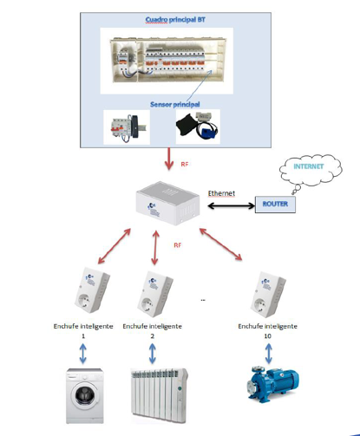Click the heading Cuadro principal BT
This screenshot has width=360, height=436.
click(x=175, y=20)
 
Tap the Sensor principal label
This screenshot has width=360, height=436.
click(x=175, y=104)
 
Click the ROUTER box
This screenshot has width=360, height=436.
click(x=275, y=205)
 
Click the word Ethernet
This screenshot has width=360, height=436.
click(x=221, y=193)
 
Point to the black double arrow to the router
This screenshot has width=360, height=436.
click(x=231, y=205)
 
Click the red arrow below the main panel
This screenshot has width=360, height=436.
click(x=169, y=159)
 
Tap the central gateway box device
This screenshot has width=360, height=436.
click(x=167, y=204)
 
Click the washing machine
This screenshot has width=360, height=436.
click(x=85, y=395)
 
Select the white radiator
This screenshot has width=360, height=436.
click(x=160, y=395)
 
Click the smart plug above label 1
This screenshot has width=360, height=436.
click(x=92, y=290)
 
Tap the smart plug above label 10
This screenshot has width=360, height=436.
click(x=268, y=295)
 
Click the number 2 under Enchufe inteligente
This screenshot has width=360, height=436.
click(x=152, y=336)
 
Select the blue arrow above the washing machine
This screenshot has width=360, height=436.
click(x=83, y=353)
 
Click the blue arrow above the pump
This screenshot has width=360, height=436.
click(x=268, y=353)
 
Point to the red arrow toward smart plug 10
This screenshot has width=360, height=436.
click(x=220, y=244)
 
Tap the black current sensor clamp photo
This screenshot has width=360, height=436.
click(x=198, y=127)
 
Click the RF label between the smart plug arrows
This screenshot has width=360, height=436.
click(x=178, y=245)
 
